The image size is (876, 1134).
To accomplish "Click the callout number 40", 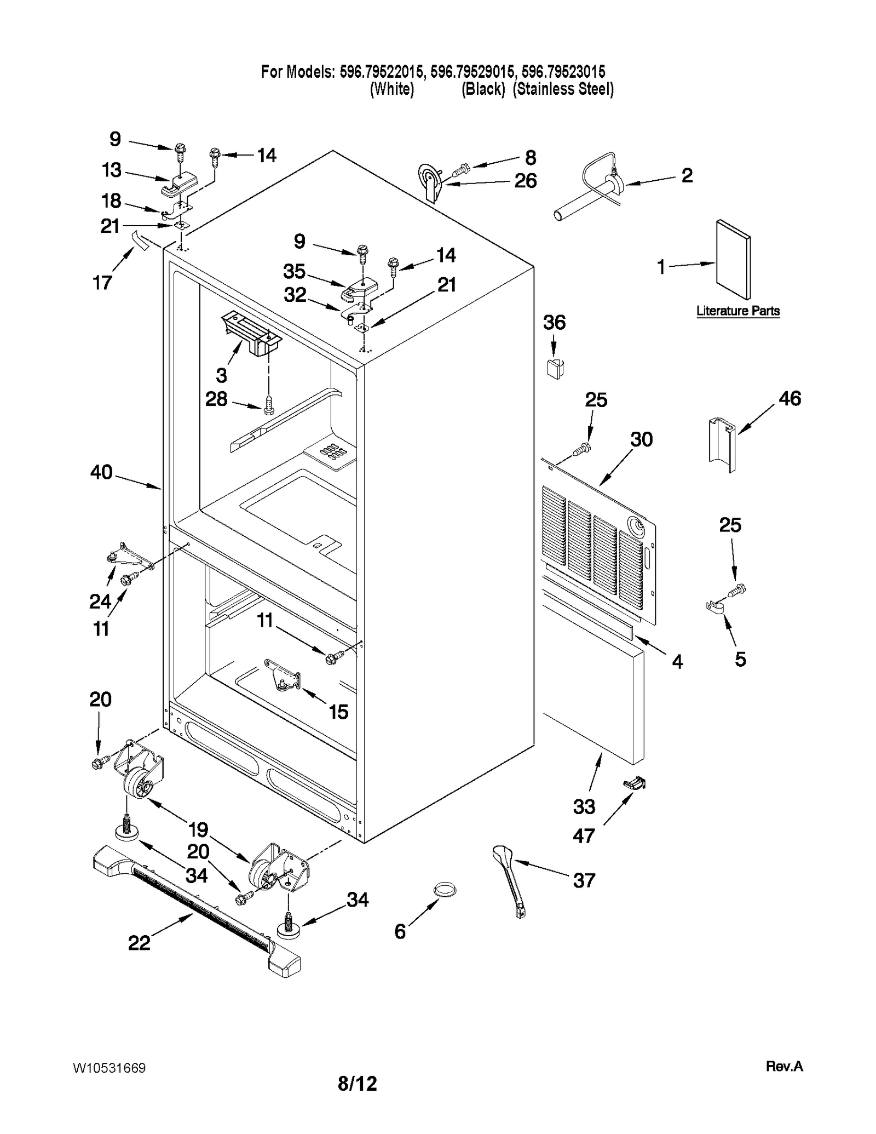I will click(101, 472).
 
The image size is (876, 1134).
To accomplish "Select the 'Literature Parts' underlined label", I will click(737, 311).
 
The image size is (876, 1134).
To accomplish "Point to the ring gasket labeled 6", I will click(445, 889).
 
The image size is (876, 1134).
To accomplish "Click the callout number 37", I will click(584, 880).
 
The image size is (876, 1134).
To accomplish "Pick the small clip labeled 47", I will click(635, 784).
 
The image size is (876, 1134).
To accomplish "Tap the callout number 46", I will click(789, 398).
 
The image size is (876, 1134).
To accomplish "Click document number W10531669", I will click(109, 1068).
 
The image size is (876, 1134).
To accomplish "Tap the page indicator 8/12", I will click(357, 1084).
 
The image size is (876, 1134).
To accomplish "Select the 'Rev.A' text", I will click(783, 1066).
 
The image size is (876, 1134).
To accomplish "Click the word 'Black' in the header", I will click(482, 89).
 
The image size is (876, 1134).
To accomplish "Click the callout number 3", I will click(221, 375).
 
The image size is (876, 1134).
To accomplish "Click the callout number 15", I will click(338, 712).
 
